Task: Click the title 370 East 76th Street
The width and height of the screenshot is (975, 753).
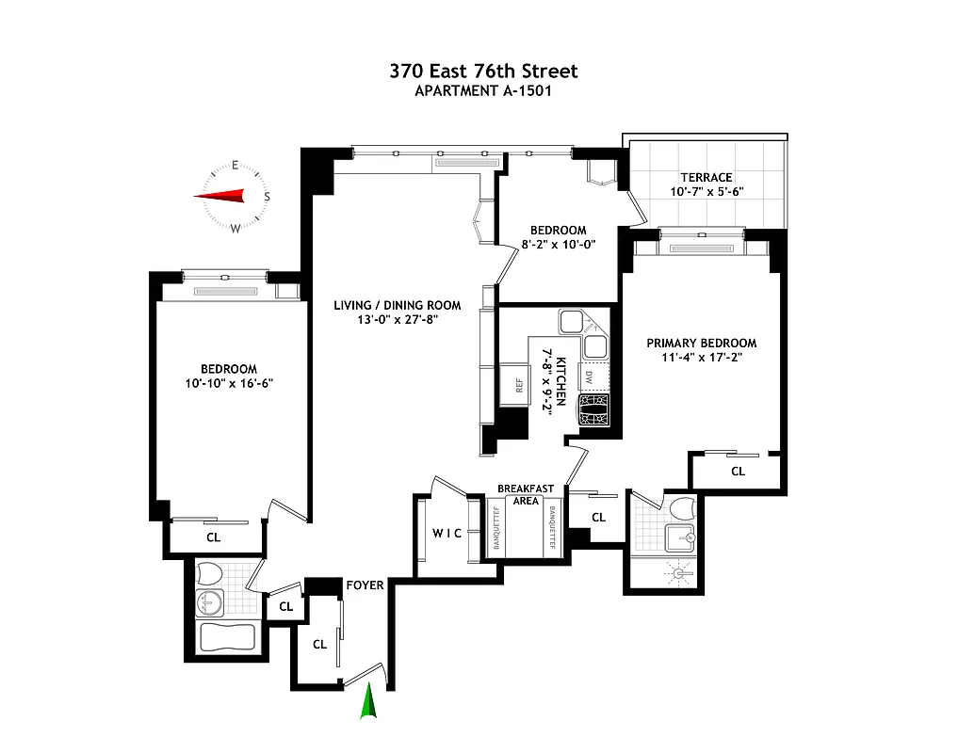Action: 484,72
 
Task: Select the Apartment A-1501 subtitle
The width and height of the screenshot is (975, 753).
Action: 484,91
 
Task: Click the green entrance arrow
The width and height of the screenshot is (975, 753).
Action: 369,702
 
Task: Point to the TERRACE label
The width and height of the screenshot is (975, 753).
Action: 707,177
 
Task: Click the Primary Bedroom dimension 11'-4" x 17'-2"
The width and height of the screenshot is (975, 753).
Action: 701,358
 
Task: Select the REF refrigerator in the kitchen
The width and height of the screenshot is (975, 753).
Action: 518,384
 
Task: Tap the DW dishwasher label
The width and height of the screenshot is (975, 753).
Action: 589,377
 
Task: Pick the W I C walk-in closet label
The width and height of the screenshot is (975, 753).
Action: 447,534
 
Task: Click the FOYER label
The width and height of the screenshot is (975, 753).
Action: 365,585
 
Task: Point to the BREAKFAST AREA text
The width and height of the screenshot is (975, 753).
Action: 526,494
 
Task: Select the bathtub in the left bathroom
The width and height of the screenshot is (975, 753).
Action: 227,637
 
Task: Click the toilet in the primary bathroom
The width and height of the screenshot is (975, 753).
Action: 682,509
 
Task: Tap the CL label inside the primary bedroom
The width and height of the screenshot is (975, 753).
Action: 738,471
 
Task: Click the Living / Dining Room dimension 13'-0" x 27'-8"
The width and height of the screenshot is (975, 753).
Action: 397,319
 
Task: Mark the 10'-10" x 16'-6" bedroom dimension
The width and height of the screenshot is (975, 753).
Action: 229,383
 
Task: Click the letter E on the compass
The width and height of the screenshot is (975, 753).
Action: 235,167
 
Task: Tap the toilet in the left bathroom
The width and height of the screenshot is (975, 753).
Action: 209,573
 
